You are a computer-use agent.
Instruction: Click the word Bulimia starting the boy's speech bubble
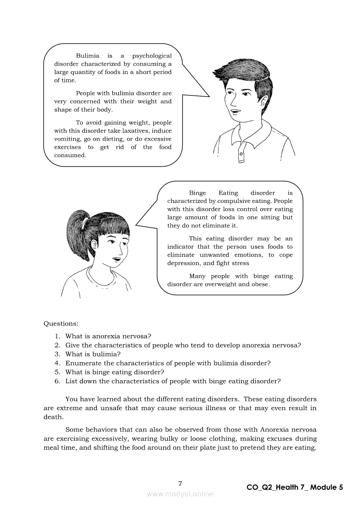88,56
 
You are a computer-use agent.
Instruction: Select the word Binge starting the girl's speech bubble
197,193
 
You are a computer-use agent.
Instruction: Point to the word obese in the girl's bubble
260,284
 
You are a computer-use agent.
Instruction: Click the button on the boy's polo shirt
241,154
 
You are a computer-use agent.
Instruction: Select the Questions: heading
61,324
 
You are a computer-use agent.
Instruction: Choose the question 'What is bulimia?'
93,354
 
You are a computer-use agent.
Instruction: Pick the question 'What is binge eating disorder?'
115,372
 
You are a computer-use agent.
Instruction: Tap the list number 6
57,381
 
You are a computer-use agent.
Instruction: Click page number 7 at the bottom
180,484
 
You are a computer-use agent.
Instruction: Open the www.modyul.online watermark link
180,494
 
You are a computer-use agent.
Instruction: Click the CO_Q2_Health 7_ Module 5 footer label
295,488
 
